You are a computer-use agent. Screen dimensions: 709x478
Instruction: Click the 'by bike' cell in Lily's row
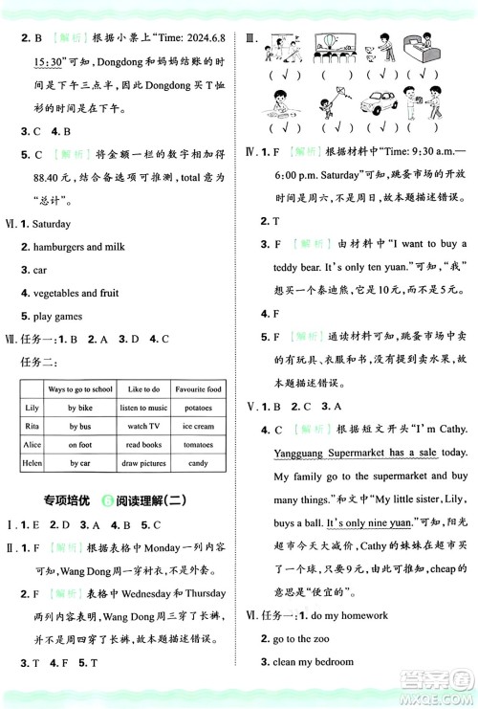pyautogui.click(x=79, y=408)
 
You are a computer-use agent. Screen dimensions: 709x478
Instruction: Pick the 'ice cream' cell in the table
pyautogui.click(x=198, y=426)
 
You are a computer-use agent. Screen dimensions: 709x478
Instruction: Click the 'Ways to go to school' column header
pyautogui.click(x=79, y=389)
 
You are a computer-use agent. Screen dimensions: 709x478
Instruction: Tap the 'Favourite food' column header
pyautogui.click(x=198, y=389)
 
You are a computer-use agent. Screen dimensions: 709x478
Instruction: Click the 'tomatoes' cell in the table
pyautogui.click(x=198, y=445)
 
